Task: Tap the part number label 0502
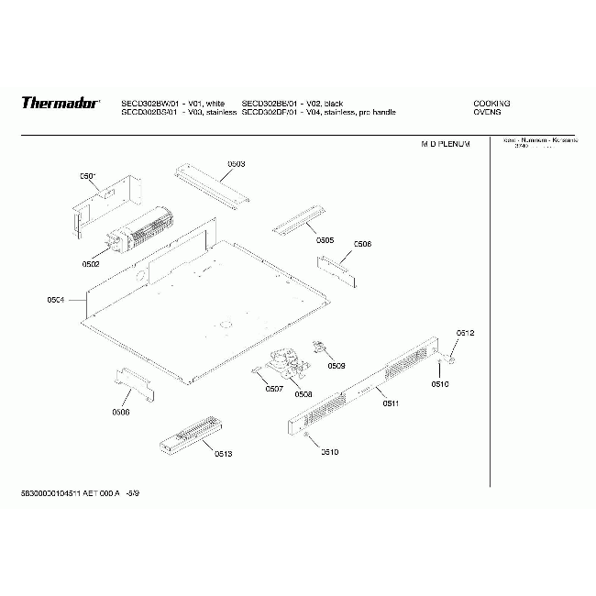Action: click(90, 264)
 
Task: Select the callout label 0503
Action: click(236, 164)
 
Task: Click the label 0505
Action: click(325, 240)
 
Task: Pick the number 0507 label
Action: click(273, 389)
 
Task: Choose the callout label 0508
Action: click(303, 393)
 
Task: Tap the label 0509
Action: click(336, 366)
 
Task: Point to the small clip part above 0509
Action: click(321, 346)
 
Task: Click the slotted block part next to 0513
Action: click(190, 436)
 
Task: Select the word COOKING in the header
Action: click(491, 103)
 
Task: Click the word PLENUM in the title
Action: click(455, 145)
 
